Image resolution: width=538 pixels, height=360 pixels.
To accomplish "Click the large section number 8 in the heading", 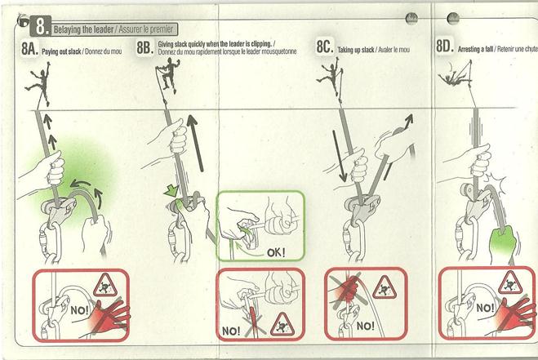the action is point(41,26).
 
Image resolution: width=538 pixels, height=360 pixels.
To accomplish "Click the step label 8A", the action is point(29,48).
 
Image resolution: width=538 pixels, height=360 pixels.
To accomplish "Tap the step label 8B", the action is point(145,47).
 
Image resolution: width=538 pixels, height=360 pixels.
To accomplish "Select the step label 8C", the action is point(324,47).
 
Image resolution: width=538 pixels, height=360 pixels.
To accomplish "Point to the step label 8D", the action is point(445,46).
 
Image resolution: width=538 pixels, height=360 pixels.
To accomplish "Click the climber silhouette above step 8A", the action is point(38,83).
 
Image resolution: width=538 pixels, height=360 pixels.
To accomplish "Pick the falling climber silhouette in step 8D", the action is point(454,78).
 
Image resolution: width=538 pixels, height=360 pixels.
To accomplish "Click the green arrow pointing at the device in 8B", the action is point(171,190).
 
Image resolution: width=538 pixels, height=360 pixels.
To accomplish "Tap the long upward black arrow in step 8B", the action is point(195,143).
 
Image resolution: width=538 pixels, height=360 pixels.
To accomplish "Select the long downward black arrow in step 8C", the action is point(339,156).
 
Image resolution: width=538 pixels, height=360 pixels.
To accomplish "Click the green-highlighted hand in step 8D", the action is point(503,241).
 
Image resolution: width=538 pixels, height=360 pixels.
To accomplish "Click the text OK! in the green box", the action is point(276,253).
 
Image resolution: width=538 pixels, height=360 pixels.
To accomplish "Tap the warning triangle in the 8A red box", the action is point(105,285).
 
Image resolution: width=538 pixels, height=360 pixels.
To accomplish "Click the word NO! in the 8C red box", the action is point(365,326).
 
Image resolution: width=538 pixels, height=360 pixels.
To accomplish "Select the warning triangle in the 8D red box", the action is point(510,283).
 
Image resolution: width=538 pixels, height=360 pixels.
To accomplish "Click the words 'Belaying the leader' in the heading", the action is point(83,30).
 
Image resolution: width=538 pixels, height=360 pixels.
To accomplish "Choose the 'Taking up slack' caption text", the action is point(356,50).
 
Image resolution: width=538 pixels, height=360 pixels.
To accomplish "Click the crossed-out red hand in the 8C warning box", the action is point(346,288).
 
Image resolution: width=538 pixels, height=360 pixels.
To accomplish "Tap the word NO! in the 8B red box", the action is point(231,331).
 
